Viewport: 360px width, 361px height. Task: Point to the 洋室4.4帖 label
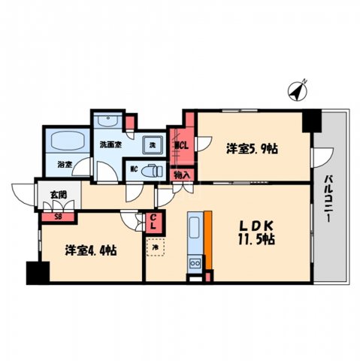point(89,250)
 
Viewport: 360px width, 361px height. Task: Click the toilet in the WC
point(153,171)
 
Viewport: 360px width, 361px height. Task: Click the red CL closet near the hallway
point(153,223)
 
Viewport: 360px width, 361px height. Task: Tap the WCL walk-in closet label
point(181,146)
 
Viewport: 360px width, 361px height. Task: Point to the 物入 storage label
point(182,174)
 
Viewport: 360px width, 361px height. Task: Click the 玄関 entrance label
point(58,195)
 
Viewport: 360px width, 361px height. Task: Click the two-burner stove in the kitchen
point(194,262)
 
